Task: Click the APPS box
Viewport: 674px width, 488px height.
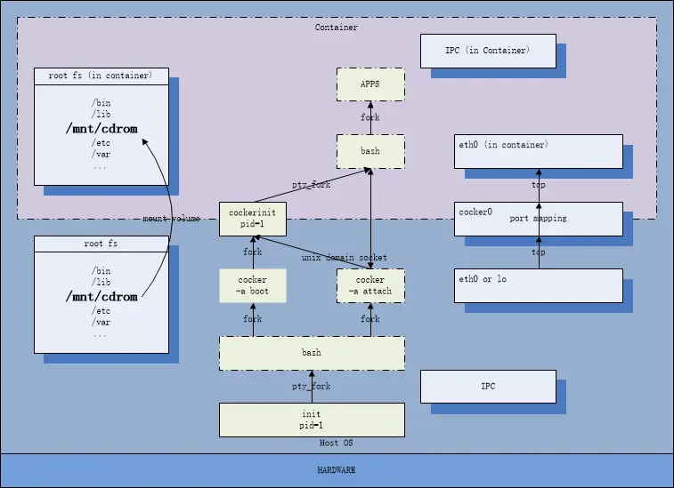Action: point(370,84)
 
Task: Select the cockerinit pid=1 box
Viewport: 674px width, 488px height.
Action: point(253,219)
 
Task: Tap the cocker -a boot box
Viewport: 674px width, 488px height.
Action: point(253,286)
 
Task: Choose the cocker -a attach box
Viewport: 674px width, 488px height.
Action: point(370,286)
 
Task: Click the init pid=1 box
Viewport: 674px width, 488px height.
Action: point(312,420)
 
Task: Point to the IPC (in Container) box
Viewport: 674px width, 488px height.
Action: point(488,51)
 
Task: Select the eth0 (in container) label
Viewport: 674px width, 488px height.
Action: point(503,145)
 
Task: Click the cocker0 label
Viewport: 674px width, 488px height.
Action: point(475,212)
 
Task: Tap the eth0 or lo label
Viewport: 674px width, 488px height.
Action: point(483,279)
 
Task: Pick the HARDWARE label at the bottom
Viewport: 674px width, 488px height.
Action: point(337,470)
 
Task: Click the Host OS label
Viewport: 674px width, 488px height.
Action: point(337,443)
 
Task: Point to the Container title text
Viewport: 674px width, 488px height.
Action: point(337,27)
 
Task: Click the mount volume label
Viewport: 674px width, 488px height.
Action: point(172,219)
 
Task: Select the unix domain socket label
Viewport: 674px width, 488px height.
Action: point(345,258)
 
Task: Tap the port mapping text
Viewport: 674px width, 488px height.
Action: point(538,219)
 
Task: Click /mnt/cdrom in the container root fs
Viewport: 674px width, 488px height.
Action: point(102,128)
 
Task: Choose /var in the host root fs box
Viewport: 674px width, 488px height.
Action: point(101,322)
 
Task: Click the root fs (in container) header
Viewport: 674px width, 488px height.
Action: point(100,76)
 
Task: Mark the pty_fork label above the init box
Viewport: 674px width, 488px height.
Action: point(312,387)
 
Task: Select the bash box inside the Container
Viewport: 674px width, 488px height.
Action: point(370,151)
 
